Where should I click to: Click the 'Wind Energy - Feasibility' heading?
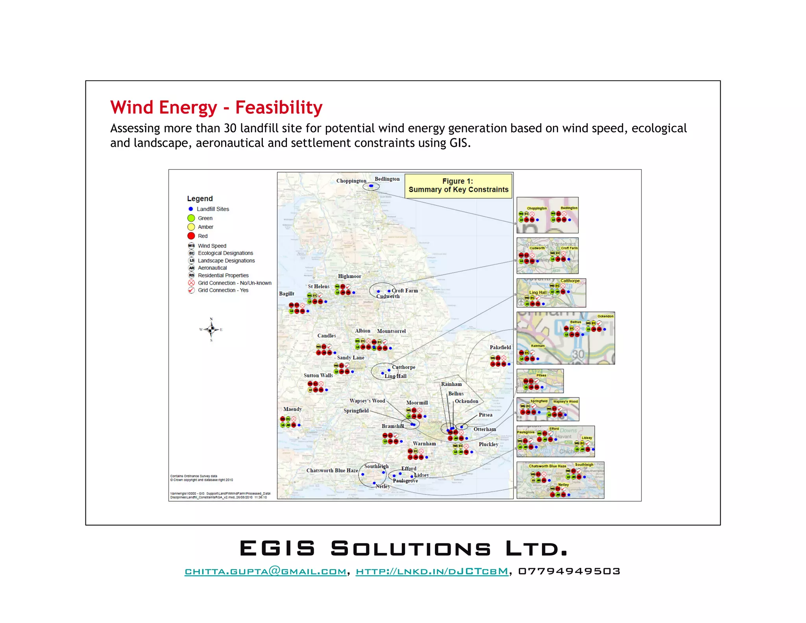(216, 108)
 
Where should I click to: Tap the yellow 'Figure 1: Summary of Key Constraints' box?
(458, 185)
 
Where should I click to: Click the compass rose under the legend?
(211, 329)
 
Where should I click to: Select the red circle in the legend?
(191, 236)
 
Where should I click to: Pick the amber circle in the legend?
(191, 227)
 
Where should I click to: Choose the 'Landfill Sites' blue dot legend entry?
(191, 209)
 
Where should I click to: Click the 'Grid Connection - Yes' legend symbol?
(191, 290)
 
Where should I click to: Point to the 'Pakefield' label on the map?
(500, 347)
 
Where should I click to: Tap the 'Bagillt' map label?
(287, 294)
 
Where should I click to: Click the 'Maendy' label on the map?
(292, 409)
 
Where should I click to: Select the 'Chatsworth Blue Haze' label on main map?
(332, 471)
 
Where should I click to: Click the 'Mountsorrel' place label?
(391, 331)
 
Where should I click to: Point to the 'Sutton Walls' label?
(318, 376)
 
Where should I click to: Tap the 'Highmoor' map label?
(349, 276)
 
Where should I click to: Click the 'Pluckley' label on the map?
(488, 445)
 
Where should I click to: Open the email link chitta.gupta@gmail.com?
(266, 571)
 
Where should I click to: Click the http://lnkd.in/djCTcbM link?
(432, 571)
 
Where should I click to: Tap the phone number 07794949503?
(569, 571)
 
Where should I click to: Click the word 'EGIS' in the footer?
(277, 549)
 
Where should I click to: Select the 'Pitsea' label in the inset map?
(541, 375)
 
